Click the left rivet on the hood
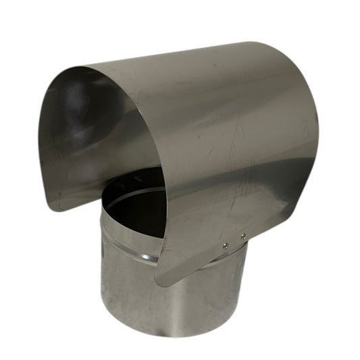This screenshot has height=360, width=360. point(225,245)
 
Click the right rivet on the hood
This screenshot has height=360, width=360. point(243,236)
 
